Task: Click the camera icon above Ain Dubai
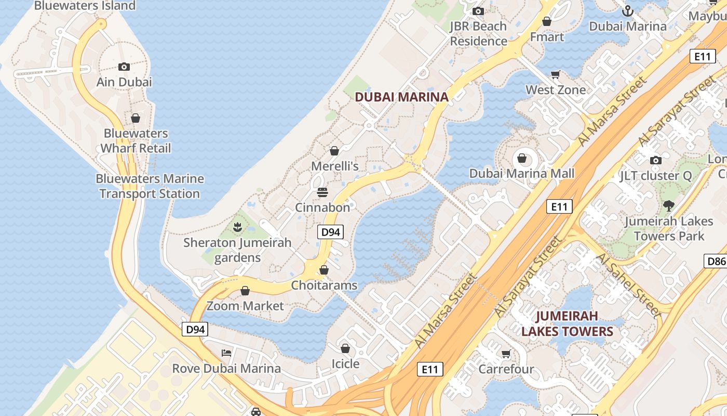coord(124,67)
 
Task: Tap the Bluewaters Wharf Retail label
coord(136,141)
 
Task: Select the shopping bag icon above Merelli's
coord(334,151)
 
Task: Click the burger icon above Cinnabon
coord(322,192)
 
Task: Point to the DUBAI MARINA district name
coord(401,97)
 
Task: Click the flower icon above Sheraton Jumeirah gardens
coord(237,227)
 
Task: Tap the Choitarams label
coord(324,285)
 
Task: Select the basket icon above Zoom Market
coord(245,290)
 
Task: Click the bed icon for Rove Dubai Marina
coord(226,353)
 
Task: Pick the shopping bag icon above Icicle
coord(345,348)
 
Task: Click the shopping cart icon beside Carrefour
coord(506,354)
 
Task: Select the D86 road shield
coord(716,261)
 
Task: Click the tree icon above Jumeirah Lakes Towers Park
coord(669,205)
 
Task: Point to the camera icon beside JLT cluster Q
coord(656,160)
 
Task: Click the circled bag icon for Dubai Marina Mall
coord(522,158)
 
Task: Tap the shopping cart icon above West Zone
coord(556,74)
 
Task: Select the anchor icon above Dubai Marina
coord(628,10)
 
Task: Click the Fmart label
coord(547,37)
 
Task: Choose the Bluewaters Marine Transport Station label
coord(150,186)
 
